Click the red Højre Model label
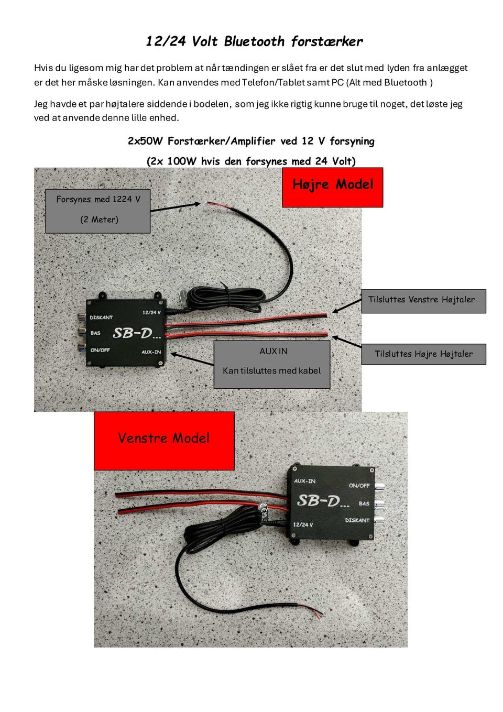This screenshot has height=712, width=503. click(x=333, y=187)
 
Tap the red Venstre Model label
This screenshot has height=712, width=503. click(x=164, y=440)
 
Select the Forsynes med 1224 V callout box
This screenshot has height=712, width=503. click(x=98, y=211)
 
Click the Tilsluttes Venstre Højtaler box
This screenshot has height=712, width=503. click(x=423, y=301)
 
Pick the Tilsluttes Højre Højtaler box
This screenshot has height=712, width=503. click(x=423, y=354)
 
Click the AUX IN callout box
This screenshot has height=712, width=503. click(x=272, y=364)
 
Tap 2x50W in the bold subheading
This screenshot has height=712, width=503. click(x=145, y=141)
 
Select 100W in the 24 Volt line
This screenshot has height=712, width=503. click(x=181, y=161)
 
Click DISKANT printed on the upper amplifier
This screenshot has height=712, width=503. click(x=101, y=317)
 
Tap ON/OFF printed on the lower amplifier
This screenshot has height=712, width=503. click(x=359, y=486)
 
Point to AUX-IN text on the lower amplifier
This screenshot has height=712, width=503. click(x=305, y=481)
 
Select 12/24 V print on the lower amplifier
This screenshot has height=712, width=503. click(x=303, y=524)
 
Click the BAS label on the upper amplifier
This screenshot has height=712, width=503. click(x=95, y=333)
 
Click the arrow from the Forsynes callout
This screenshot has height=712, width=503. click(x=176, y=207)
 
